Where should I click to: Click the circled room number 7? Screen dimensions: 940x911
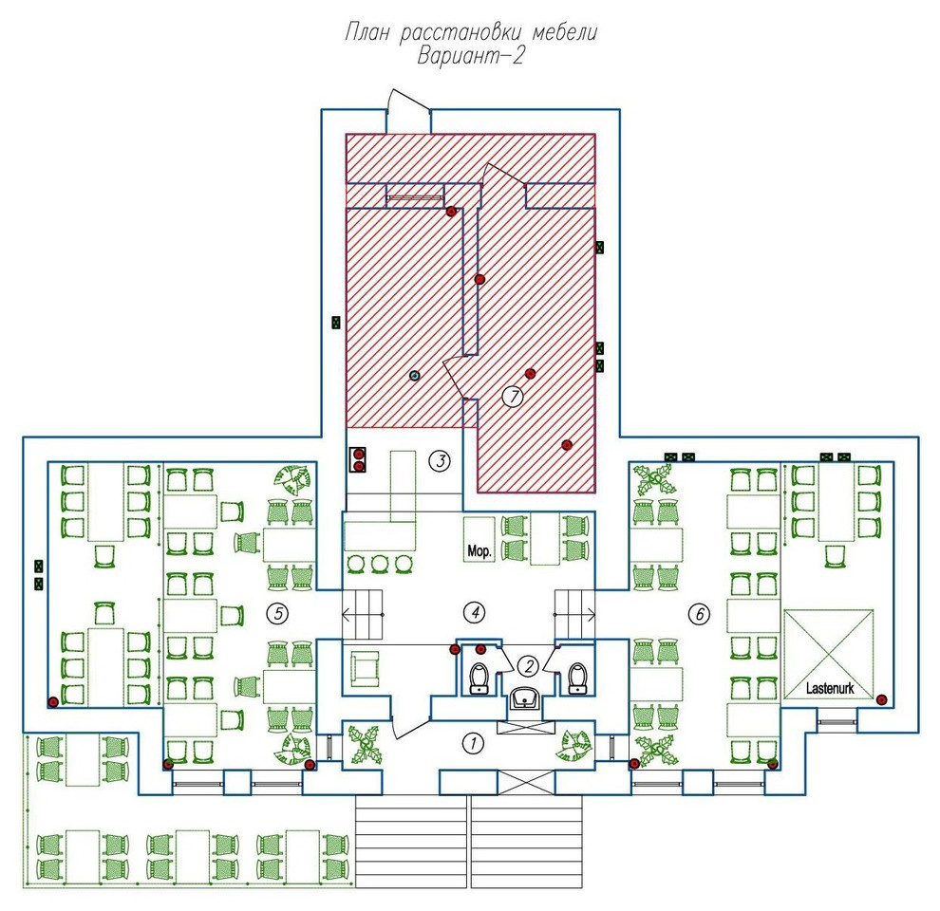coord(513,396)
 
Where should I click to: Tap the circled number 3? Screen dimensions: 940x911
coord(441,461)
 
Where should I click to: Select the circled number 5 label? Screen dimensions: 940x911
coord(277,613)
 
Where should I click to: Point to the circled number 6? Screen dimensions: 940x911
coord(700,614)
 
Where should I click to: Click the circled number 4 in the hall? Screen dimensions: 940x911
coord(475,612)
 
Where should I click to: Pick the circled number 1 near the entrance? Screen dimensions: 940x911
coord(473,744)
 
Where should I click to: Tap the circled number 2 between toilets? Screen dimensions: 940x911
coord(528,665)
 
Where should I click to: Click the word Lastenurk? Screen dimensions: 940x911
coord(830,688)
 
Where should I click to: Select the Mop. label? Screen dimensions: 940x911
coord(479,550)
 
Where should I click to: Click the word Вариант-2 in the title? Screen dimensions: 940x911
coord(471,56)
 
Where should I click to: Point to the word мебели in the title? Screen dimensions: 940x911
coord(565,31)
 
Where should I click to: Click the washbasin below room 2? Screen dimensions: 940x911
coord(526,698)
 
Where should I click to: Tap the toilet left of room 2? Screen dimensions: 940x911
coord(479,679)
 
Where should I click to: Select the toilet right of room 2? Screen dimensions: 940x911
coord(577,679)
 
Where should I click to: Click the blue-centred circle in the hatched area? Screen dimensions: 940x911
coord(414,376)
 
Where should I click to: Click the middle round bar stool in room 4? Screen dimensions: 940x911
coord(380,564)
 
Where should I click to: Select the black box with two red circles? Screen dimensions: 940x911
coord(359,459)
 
